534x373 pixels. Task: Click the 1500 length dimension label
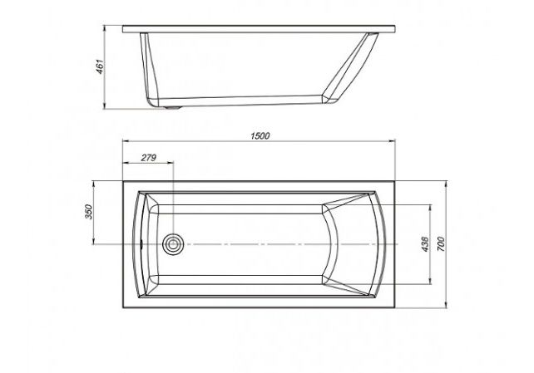click(260, 136)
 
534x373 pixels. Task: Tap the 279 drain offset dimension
click(149, 158)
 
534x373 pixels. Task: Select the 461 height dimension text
click(100, 66)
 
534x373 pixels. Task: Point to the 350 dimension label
click(88, 212)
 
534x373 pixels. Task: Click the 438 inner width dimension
click(425, 243)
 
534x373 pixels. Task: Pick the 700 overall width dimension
click(441, 243)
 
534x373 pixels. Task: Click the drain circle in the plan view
click(173, 244)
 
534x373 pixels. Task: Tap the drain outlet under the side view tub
click(173, 108)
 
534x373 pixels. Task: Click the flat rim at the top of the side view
click(259, 29)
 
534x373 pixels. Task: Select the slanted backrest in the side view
click(351, 67)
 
